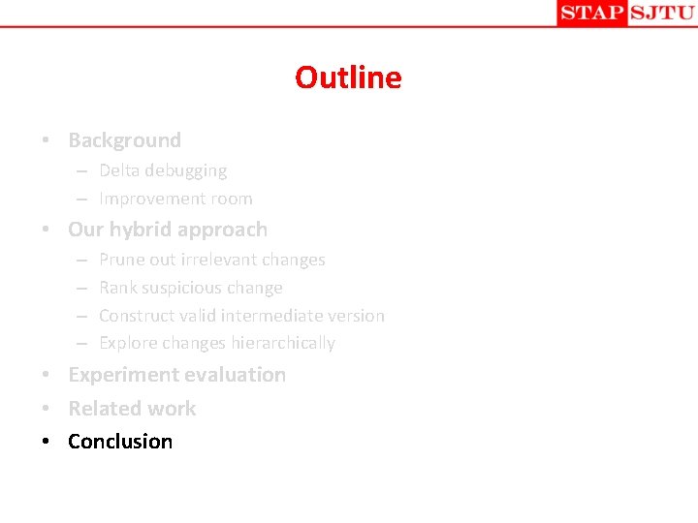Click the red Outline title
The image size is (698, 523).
coord(348,77)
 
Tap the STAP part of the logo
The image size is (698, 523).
coord(591,13)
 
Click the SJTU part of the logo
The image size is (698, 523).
coord(661,13)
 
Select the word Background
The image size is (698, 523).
coord(124,140)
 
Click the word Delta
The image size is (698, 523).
coord(120,170)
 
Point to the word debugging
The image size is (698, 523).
coord(186,171)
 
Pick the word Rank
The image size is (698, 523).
coord(118,288)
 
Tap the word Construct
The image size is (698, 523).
coord(136,316)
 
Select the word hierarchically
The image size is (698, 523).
coord(283,343)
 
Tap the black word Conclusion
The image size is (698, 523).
coord(120,442)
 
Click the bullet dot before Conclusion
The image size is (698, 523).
coord(46,442)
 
